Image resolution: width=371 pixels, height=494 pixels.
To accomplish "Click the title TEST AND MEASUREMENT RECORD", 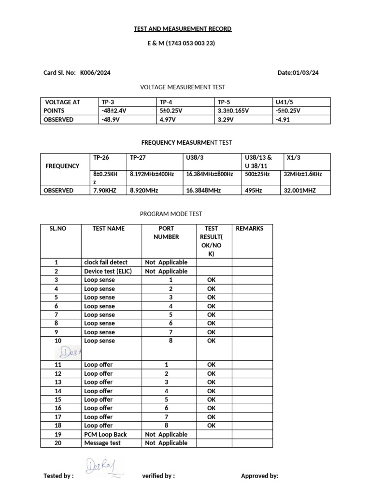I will (x=183, y=29).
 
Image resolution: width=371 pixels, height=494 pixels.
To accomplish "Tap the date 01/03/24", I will (x=305, y=73).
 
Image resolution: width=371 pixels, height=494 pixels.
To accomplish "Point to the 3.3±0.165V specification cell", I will (x=233, y=110).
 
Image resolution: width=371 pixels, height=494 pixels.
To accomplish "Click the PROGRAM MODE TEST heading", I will (x=171, y=214).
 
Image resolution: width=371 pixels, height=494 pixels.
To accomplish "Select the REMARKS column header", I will (x=249, y=228).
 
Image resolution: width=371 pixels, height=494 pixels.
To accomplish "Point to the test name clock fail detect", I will (x=106, y=262).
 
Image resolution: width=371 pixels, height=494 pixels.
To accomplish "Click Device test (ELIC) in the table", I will (x=108, y=271).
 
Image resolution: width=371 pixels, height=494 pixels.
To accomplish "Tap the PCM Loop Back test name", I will (x=105, y=434).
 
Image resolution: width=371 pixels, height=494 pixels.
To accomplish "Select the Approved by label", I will (x=259, y=476).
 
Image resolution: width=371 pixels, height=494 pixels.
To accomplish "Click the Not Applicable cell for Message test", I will (x=166, y=443).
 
